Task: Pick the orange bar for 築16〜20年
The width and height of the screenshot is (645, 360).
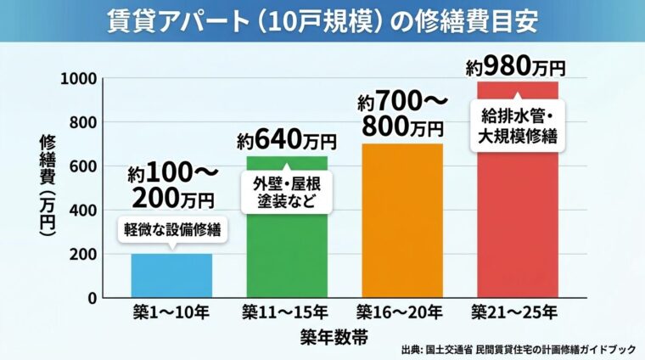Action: [401, 229]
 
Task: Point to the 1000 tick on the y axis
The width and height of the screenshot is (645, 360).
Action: [78, 78]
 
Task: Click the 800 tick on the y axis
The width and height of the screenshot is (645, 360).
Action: [82, 122]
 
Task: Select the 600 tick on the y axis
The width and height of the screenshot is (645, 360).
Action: [82, 166]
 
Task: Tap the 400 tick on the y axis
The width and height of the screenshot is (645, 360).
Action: [82, 211]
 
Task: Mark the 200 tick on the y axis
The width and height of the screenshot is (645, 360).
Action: [82, 255]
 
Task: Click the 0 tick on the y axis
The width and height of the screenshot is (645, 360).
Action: [90, 299]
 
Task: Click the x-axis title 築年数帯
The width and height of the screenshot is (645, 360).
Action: [334, 337]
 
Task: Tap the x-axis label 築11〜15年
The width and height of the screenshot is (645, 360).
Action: [286, 312]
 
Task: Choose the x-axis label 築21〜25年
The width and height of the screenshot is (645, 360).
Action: [516, 312]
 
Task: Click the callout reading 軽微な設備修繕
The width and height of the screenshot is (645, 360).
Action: [171, 229]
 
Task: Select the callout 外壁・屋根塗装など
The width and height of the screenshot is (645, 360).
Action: [287, 193]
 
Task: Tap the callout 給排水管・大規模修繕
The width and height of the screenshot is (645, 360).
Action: [517, 126]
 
